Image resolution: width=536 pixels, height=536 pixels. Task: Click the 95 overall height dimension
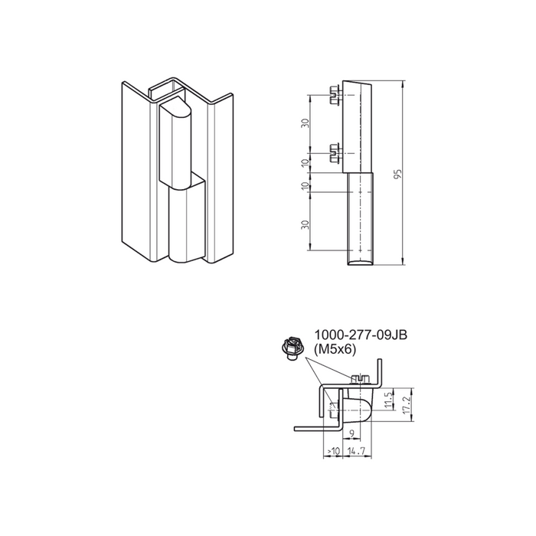(397, 173)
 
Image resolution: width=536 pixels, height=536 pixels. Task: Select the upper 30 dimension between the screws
(306, 123)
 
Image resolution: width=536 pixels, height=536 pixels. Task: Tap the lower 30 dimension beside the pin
(306, 224)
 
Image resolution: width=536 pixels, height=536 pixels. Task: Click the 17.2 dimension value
(407, 405)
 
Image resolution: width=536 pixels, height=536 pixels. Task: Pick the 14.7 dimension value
(356, 451)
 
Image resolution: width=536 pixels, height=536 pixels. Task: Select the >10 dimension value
(333, 451)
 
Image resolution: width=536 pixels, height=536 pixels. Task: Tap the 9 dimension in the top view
(352, 433)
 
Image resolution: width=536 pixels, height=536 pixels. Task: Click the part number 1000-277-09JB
(361, 335)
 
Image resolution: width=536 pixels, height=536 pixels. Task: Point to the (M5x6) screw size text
(335, 349)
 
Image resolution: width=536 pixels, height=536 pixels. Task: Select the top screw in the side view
(335, 95)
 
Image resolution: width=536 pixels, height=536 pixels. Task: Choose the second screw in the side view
(335, 153)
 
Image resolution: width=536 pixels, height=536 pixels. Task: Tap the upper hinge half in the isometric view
(175, 144)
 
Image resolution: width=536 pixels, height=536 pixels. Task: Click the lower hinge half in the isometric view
(188, 217)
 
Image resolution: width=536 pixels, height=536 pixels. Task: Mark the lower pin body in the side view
(361, 219)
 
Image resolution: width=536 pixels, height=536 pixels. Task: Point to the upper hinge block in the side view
(358, 127)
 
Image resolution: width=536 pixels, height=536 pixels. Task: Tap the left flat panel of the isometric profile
(136, 171)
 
